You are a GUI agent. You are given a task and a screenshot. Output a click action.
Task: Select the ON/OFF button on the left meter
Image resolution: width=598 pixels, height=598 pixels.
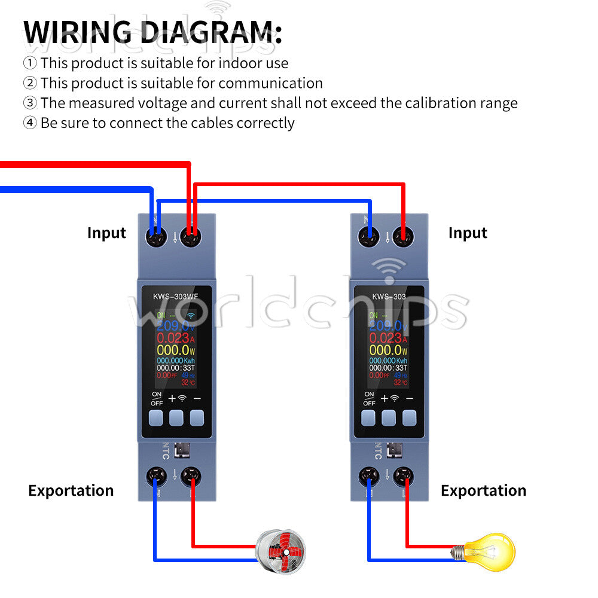[157, 417]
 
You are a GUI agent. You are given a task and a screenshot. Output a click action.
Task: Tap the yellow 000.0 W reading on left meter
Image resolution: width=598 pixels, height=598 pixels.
[173, 350]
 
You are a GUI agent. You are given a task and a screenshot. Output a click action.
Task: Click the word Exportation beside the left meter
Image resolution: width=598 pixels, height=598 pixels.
[71, 491]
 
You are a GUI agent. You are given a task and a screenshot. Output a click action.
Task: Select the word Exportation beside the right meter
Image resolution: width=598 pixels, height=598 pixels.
[483, 491]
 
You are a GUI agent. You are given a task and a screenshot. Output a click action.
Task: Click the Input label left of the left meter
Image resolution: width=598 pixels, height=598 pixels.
[106, 233]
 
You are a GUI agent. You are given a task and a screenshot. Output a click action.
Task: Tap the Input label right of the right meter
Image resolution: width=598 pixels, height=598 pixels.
[468, 233]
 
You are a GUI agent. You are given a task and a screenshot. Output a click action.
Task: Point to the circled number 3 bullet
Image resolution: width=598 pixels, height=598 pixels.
[30, 103]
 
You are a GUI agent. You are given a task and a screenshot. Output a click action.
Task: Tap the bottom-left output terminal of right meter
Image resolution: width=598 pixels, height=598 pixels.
[369, 477]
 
